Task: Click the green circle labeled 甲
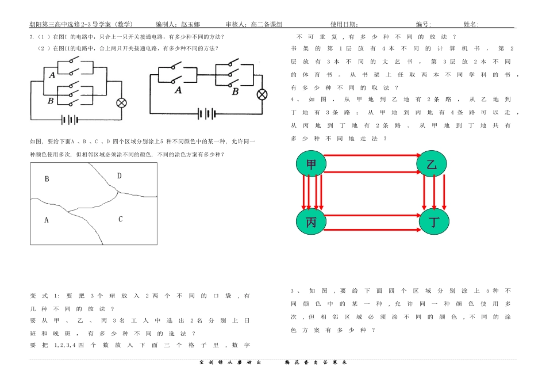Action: pyautogui.click(x=311, y=164)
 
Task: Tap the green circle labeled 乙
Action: pyautogui.click(x=432, y=164)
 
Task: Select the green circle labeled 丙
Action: pyautogui.click(x=311, y=221)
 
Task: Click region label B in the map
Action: pyautogui.click(x=47, y=179)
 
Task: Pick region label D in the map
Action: pyautogui.click(x=120, y=176)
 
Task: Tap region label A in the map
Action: pyautogui.click(x=47, y=219)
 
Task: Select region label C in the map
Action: pyautogui.click(x=120, y=219)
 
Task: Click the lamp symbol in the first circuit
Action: pyautogui.click(x=121, y=103)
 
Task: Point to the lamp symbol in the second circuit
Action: pyautogui.click(x=262, y=94)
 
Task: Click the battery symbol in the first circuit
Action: pyautogui.click(x=70, y=120)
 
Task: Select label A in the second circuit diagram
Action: pyautogui.click(x=178, y=90)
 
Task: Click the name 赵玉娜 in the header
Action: pyautogui.click(x=190, y=25)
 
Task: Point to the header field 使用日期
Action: pyautogui.click(x=344, y=25)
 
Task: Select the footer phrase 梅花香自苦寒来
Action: pyautogui.click(x=316, y=362)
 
